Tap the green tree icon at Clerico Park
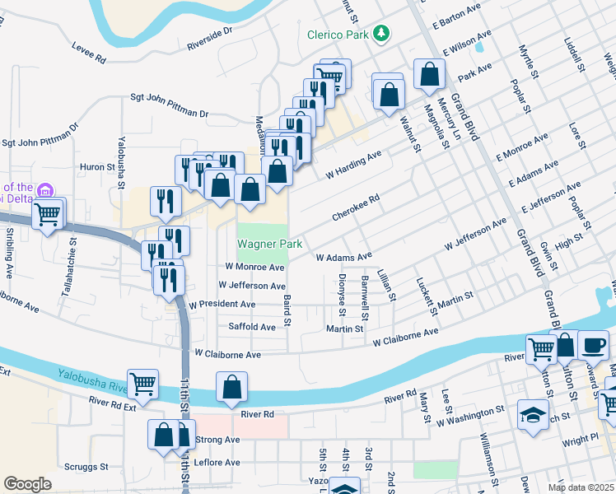point(381,33)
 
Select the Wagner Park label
point(270,244)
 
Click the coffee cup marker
point(593,343)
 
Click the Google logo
point(27,484)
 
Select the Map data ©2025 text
point(581,487)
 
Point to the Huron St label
point(97,166)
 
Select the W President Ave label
point(222,305)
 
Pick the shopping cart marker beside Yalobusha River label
point(143,384)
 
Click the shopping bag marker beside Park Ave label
point(429,75)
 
